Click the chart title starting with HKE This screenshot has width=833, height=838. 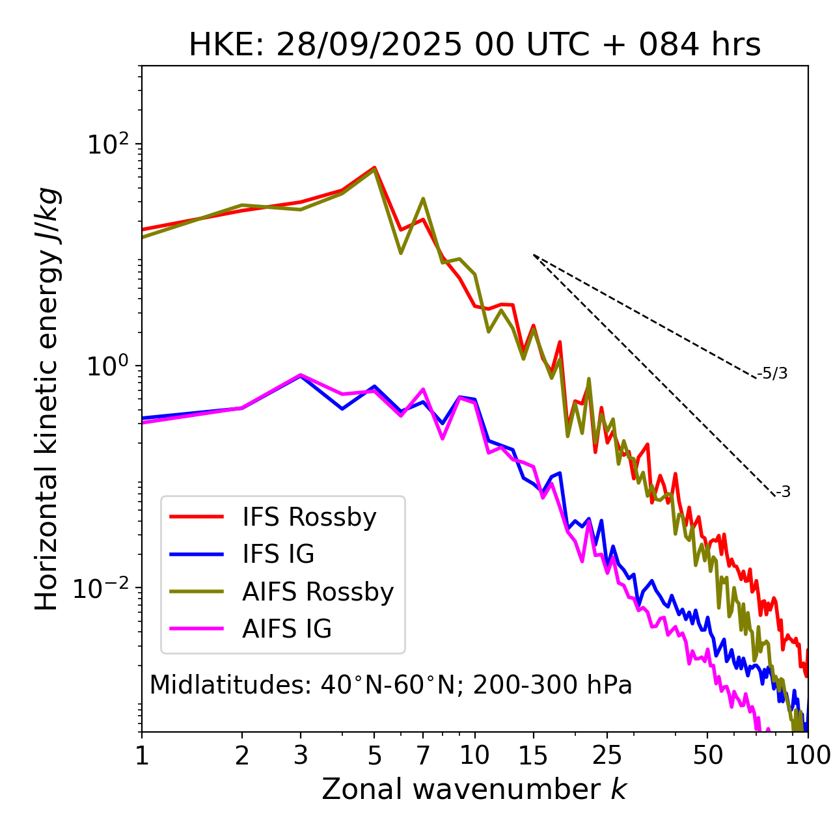point(474,46)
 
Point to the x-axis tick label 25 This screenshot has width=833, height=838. point(607,755)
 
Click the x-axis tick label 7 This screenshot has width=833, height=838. point(423,755)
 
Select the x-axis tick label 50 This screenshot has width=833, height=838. point(707,755)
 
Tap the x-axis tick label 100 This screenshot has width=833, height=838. point(808,755)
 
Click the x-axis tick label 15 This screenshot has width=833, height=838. point(533,755)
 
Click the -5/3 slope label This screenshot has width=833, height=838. point(772,373)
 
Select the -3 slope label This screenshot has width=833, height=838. point(783,493)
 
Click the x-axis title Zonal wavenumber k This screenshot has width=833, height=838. point(474,789)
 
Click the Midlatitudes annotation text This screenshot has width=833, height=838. point(390,685)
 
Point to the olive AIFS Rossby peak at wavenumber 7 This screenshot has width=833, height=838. point(423,199)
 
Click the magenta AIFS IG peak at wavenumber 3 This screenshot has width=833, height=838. point(300,375)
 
